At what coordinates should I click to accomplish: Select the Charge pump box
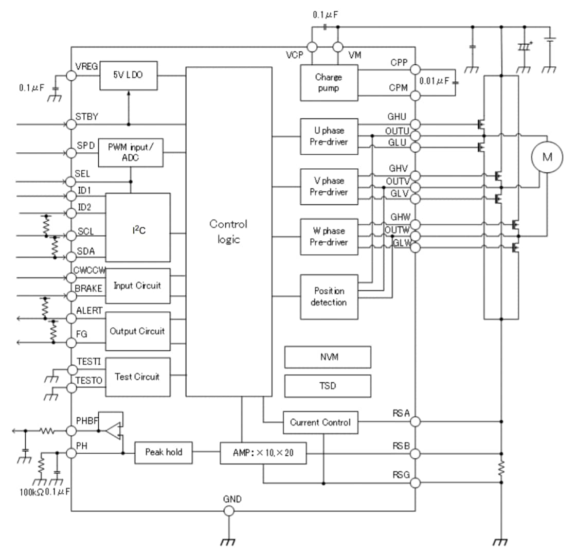pos(329,82)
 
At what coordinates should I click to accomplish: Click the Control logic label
pos(228,231)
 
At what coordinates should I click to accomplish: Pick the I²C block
pos(138,227)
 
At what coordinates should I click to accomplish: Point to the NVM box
pos(328,357)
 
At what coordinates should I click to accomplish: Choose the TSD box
pos(328,385)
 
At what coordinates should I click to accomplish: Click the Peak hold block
pos(163,452)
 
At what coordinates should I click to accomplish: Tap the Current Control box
pos(320,422)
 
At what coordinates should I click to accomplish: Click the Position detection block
pos(329,297)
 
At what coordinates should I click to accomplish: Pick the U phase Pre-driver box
pos(329,136)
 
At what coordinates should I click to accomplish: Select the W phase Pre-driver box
pos(329,237)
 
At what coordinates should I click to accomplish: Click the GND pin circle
pos(229,510)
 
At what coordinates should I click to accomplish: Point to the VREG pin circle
pos(71,76)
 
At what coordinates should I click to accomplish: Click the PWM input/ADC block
pos(131,153)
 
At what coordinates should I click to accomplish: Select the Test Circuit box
pos(137,377)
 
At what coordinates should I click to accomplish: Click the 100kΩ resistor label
pos(29,493)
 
